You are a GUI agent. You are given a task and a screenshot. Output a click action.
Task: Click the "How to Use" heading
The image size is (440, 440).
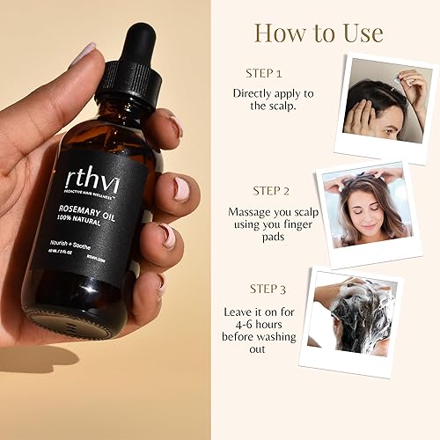[x=319, y=33]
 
